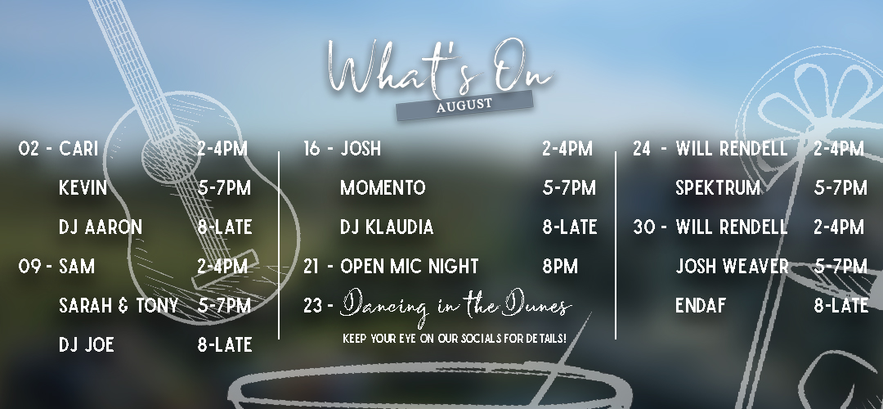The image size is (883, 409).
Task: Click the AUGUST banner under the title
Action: pos(464,106)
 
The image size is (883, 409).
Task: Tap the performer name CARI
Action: pos(78,149)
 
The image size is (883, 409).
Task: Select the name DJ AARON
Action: pos(101,227)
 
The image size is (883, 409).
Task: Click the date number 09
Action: pos(29,266)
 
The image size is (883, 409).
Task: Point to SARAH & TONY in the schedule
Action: pos(119,305)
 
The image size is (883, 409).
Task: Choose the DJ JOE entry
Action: pos(87,344)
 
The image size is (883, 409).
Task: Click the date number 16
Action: pos(312,149)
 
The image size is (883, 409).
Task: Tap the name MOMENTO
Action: pos(383,187)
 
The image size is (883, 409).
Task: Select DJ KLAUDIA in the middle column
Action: pos(387,227)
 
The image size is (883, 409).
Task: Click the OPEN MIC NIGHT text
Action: pos(410,266)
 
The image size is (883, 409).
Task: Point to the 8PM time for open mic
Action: pos(560,266)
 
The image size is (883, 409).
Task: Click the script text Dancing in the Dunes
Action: pos(456,306)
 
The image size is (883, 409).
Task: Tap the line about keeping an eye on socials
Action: pos(455,339)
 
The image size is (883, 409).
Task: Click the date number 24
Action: pos(642,149)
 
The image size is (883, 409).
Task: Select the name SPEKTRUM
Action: pos(718,187)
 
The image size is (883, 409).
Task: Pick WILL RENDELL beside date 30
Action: pos(732,227)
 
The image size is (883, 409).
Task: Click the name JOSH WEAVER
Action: pos(732,266)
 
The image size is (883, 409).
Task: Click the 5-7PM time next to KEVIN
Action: pos(224,187)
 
